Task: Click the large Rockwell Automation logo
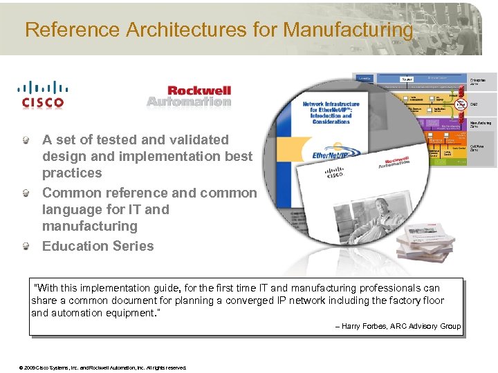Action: [x=189, y=96]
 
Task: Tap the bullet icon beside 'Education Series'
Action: [x=26, y=246]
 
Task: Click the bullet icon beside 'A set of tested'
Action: [x=26, y=140]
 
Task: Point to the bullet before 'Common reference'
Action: [x=26, y=193]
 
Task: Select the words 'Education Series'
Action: [x=98, y=246]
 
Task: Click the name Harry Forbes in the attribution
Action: [x=361, y=326]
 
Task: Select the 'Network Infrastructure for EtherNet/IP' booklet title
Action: [x=331, y=112]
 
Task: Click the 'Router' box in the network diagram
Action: [x=407, y=79]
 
